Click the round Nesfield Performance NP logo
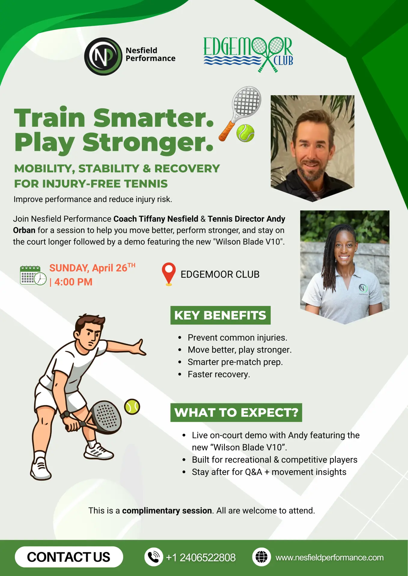tap(103, 56)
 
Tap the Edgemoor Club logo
tap(248, 54)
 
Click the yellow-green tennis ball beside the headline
tap(245, 133)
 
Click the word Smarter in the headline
tap(154, 118)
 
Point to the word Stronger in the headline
tap(148, 143)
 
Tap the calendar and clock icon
tap(33, 275)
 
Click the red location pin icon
tap(169, 274)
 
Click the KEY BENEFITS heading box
tap(221, 315)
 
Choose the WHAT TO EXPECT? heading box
tap(236, 412)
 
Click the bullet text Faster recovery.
tap(219, 374)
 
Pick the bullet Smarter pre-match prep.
tap(235, 362)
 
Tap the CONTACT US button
tap(69, 557)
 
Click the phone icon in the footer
tap(154, 557)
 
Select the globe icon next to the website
tap(261, 557)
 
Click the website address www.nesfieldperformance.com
tap(330, 557)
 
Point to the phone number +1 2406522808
tap(201, 557)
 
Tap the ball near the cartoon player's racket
tap(132, 406)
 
